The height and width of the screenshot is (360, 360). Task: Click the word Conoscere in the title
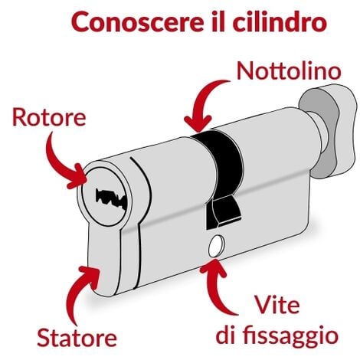click(136, 22)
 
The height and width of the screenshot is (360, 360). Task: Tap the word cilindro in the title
click(280, 21)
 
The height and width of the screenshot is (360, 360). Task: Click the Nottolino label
click(289, 70)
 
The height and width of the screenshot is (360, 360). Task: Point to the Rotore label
click(49, 117)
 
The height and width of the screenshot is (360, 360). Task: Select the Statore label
click(77, 338)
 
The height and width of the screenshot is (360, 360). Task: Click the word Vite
click(277, 305)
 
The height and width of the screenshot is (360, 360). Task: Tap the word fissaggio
click(290, 335)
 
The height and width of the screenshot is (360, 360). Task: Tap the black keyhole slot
click(110, 198)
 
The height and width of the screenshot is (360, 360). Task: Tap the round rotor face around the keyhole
click(105, 197)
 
